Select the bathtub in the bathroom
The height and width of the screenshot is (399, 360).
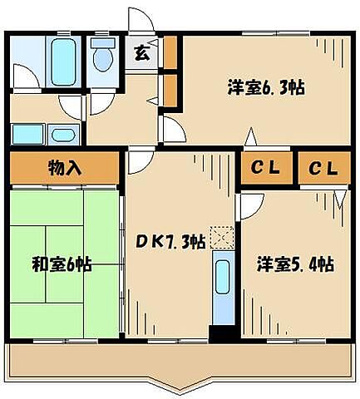(62, 57)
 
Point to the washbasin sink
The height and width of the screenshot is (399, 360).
(61, 134)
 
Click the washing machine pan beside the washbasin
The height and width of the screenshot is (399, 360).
(28, 133)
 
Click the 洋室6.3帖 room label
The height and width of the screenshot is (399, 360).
(265, 87)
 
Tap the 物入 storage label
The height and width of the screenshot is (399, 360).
(65, 167)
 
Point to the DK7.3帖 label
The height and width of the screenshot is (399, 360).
(171, 242)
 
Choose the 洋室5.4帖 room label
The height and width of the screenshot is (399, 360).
(296, 264)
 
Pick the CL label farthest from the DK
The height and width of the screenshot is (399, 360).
(324, 169)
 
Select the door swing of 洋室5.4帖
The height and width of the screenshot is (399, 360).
(251, 205)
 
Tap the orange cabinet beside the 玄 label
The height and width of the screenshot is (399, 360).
(170, 52)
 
